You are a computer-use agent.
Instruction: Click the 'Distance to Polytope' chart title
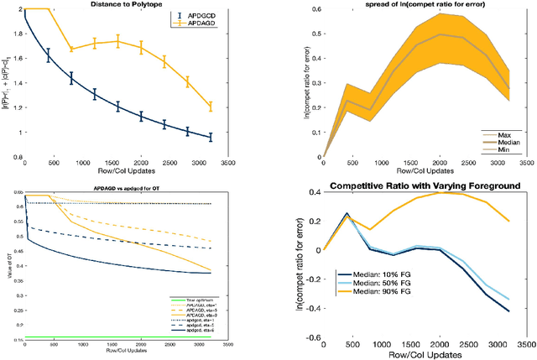(x=126, y=7)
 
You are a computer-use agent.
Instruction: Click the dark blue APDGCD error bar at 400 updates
(x=48, y=56)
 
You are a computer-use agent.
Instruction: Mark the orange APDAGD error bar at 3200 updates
(x=211, y=107)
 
